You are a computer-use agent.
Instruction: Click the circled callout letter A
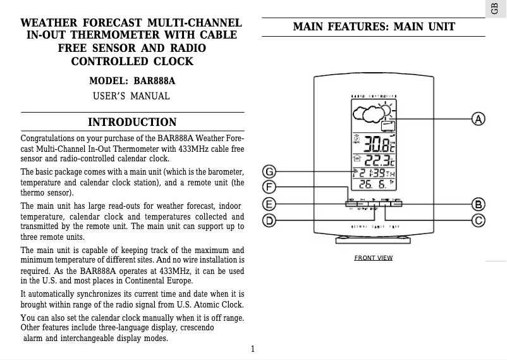click(479, 119)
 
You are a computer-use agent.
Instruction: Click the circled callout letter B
click(479, 204)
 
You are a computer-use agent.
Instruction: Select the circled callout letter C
click(479, 220)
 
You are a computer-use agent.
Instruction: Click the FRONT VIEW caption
click(373, 258)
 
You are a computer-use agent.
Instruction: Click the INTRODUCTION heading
click(132, 122)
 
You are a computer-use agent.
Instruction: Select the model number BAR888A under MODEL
click(154, 82)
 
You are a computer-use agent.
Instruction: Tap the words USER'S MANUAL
click(131, 96)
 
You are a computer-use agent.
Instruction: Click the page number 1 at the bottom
click(252, 349)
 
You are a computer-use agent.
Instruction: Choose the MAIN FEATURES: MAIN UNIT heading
click(374, 27)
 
